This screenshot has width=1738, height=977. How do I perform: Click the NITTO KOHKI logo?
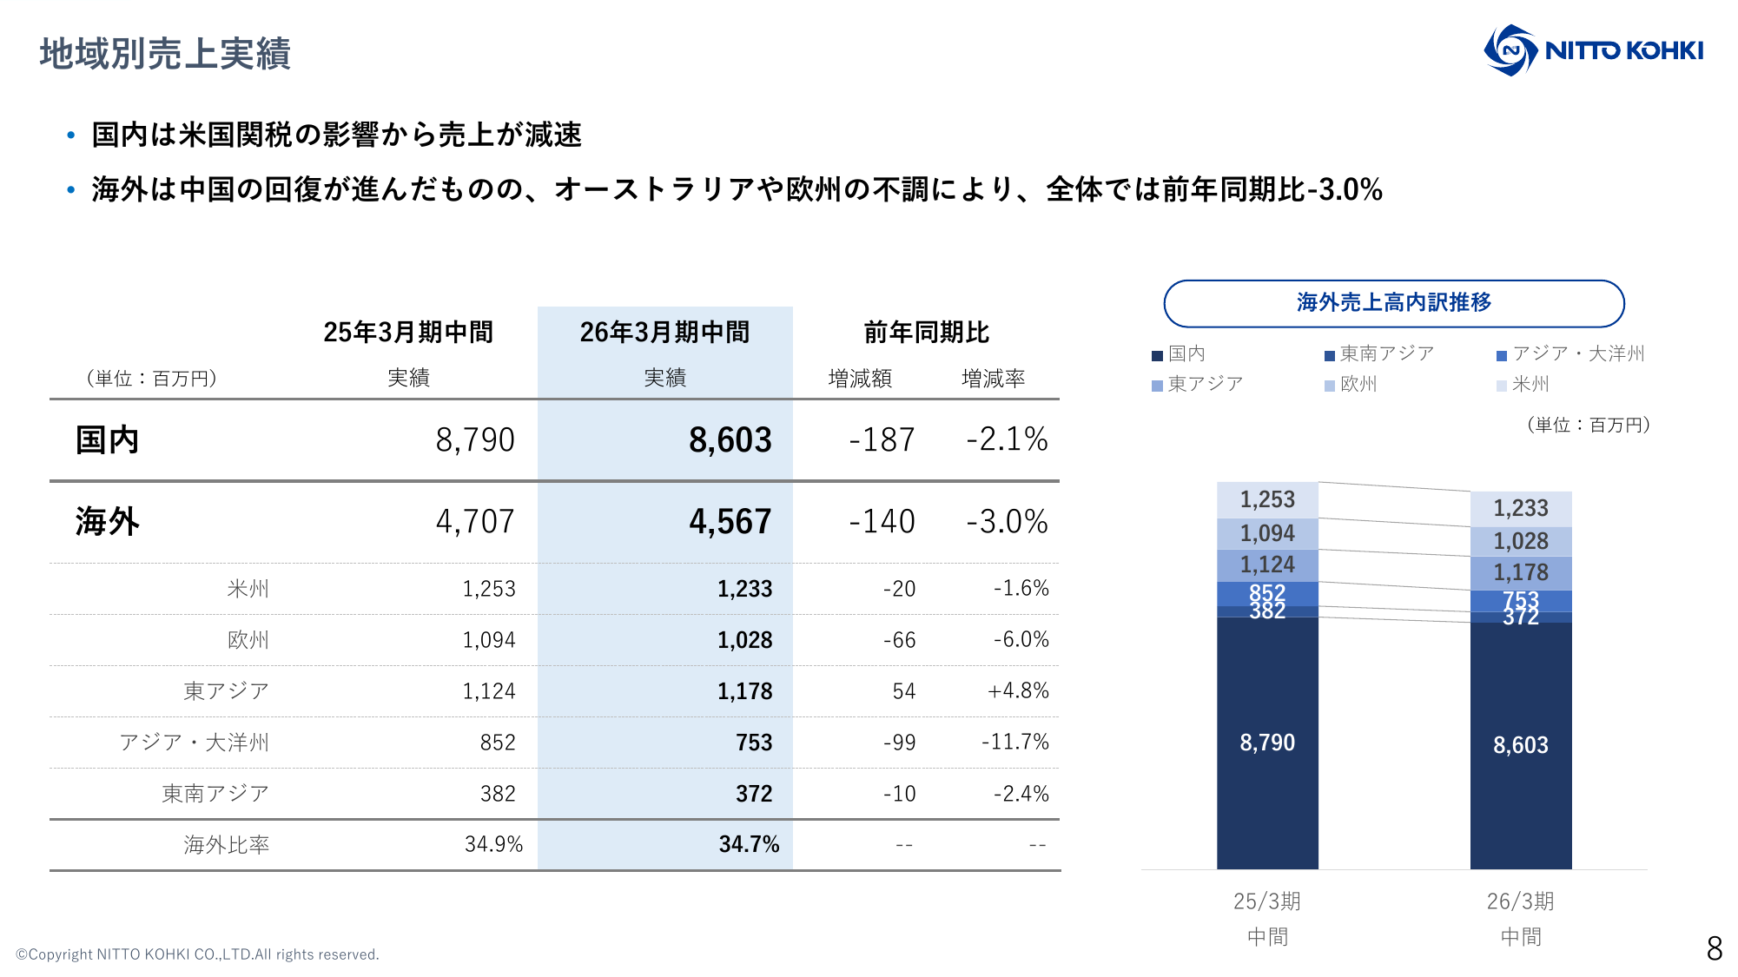(1593, 50)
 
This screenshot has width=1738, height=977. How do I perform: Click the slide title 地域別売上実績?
(165, 54)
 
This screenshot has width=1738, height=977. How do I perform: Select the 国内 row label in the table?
(107, 440)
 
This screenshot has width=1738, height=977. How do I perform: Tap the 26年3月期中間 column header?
(664, 333)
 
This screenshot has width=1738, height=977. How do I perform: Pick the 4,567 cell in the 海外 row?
(730, 522)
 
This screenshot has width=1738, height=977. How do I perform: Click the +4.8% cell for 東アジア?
(1017, 691)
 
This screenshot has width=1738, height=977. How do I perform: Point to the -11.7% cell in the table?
(1014, 743)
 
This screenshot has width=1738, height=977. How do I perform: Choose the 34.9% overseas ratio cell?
(493, 845)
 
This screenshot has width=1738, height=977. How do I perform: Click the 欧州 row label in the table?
(248, 640)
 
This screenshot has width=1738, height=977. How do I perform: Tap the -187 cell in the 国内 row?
(882, 440)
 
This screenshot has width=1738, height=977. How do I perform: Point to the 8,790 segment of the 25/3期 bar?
(1267, 743)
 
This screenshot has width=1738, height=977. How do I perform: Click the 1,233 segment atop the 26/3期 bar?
(1520, 509)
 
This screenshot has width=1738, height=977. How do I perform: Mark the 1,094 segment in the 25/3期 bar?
(1267, 533)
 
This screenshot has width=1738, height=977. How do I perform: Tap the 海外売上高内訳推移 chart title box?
(1393, 303)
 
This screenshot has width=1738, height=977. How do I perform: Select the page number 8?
(1714, 948)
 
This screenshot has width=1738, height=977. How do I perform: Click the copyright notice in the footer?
(197, 954)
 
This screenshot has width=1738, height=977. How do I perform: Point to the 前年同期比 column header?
(926, 333)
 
